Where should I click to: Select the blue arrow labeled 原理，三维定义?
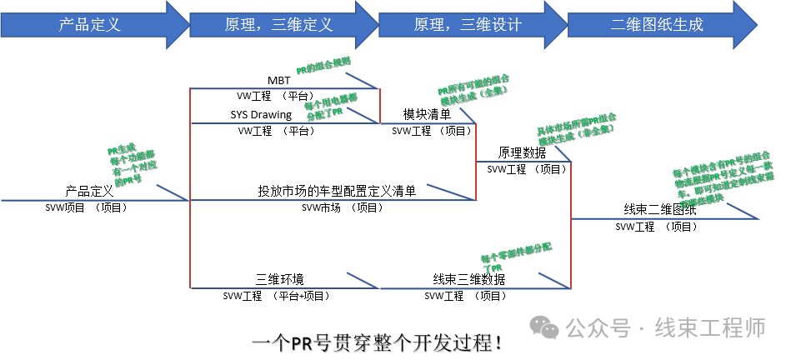(279, 24)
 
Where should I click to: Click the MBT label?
(279, 80)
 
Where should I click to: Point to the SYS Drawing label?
(262, 114)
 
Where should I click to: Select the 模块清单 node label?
(428, 114)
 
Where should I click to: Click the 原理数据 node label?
(523, 153)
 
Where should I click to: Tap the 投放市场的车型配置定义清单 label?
(336, 191)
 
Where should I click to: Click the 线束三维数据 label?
(468, 279)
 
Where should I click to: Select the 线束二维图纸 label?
(661, 210)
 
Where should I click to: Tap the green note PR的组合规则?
(323, 66)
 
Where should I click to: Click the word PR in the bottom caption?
(303, 342)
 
